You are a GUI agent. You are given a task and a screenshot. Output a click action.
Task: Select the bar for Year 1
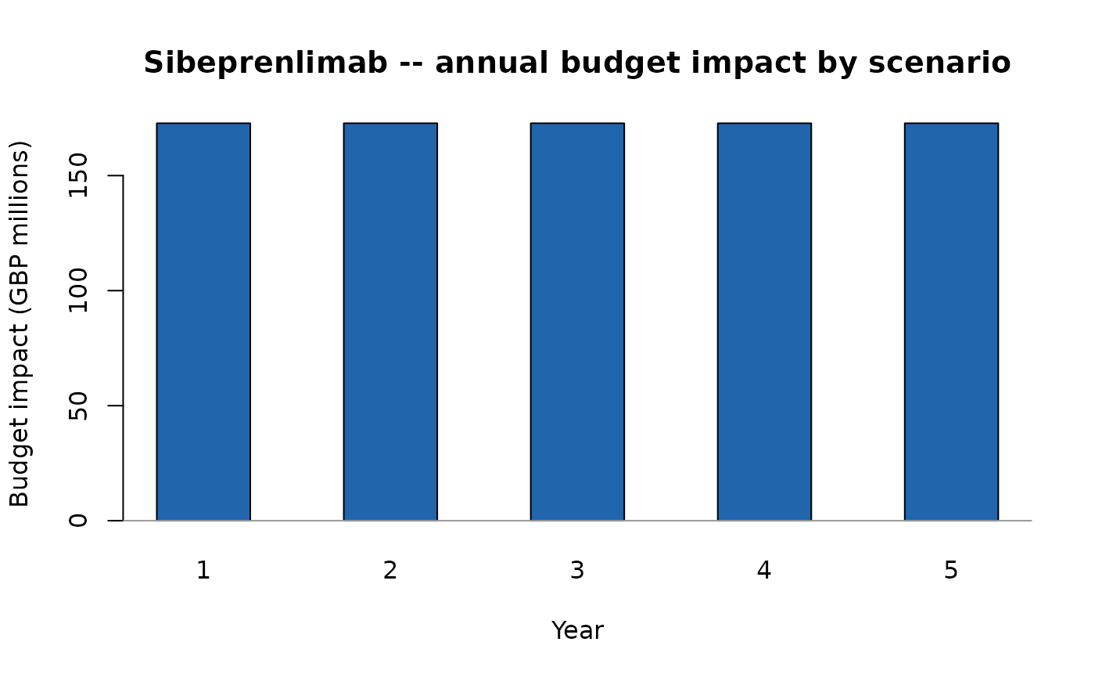tap(203, 321)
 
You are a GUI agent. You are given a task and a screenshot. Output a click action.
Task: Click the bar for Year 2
tap(390, 321)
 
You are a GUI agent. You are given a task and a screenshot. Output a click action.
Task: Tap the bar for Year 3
tap(577, 321)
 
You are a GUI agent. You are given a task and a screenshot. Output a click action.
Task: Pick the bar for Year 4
tap(764, 321)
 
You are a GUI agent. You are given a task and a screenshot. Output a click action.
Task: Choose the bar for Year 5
tap(951, 321)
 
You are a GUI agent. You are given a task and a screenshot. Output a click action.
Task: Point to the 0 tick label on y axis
tap(78, 520)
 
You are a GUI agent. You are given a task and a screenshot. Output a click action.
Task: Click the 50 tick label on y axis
tap(78, 406)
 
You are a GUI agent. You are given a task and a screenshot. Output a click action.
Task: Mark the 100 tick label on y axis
tap(78, 290)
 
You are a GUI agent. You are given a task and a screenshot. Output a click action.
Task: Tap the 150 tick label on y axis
tap(78, 175)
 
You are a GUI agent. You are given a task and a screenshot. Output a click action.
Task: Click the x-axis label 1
tap(203, 571)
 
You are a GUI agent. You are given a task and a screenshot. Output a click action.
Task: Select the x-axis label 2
tap(390, 571)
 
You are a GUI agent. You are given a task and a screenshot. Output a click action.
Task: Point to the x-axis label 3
tap(577, 571)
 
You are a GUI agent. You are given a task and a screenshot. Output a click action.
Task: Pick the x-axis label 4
tap(764, 571)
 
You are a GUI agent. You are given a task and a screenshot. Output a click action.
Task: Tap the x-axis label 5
tap(951, 571)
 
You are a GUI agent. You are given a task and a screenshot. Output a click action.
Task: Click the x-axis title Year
tap(577, 630)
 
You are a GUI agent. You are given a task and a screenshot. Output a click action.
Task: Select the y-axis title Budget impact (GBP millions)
tap(20, 323)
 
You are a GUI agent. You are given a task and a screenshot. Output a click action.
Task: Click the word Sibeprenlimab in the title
tap(265, 63)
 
